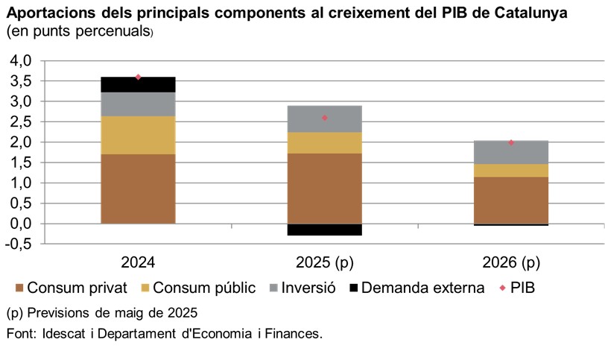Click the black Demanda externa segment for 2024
point(138,84)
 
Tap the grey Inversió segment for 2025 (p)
point(324,119)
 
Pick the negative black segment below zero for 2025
point(324,230)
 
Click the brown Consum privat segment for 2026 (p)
point(511,200)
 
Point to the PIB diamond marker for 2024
point(138,77)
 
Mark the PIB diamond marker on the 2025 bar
point(325,118)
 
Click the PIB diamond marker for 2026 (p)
point(511,142)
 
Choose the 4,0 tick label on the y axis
point(20,60)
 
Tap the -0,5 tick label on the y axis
point(18,244)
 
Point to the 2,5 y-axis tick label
point(20,121)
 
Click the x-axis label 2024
point(138,262)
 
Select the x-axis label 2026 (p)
point(511,262)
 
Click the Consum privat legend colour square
point(19,288)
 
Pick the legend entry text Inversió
point(308,288)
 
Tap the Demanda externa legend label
point(422,288)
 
